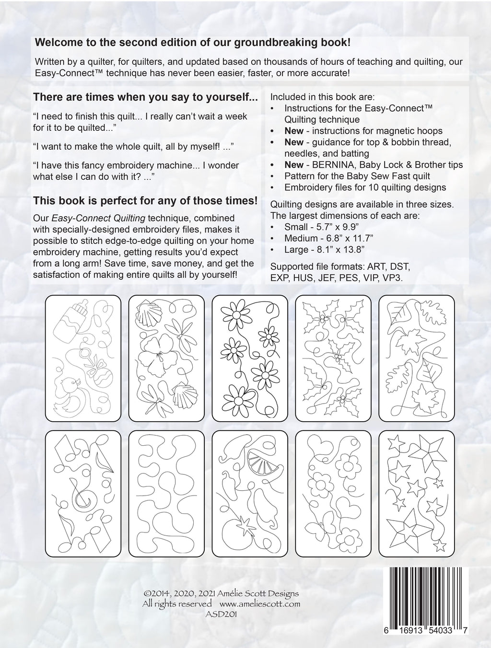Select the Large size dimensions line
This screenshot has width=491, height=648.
[x=324, y=249]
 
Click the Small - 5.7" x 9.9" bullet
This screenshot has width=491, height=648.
[x=325, y=226]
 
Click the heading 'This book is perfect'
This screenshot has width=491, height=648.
[x=145, y=200]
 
